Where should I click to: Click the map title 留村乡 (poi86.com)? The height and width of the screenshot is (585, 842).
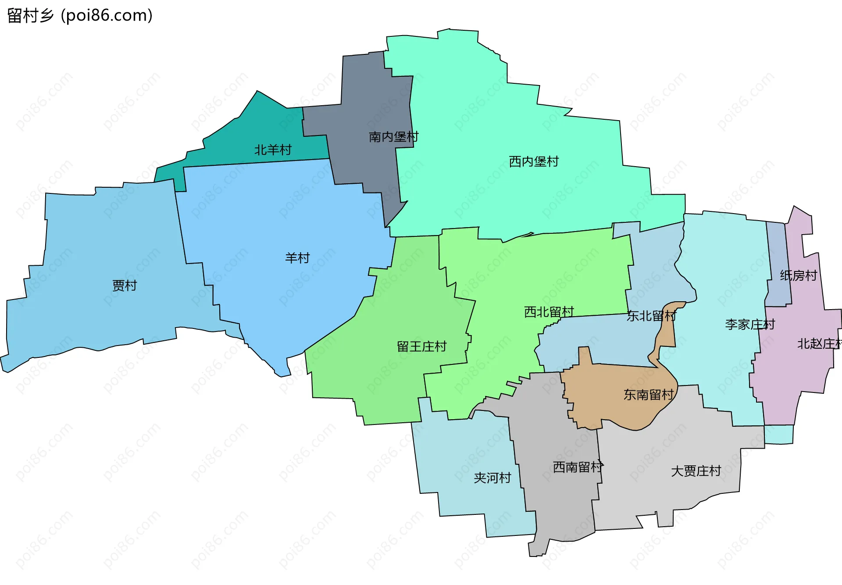(80, 16)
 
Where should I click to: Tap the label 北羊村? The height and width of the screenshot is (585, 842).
(273, 150)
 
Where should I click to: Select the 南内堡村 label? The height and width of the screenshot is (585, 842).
(393, 137)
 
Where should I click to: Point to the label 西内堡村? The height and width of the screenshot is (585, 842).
(534, 162)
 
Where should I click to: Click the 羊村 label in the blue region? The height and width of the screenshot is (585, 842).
(297, 258)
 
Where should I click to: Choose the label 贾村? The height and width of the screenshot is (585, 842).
(125, 286)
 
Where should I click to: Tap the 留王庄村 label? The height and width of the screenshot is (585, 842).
(421, 347)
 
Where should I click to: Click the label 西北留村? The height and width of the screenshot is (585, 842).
(549, 312)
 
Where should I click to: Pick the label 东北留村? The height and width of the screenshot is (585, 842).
(651, 316)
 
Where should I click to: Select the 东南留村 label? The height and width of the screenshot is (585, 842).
(648, 395)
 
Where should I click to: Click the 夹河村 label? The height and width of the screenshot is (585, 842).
(492, 478)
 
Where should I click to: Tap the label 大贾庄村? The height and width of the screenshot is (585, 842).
(696, 471)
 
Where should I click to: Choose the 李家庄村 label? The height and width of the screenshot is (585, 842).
(750, 325)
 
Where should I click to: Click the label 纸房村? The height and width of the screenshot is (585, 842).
(798, 276)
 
